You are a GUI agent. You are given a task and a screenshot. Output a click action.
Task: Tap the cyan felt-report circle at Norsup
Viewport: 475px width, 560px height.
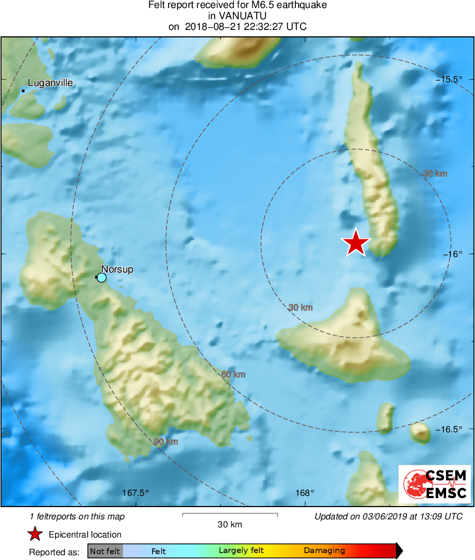click(x=102, y=277)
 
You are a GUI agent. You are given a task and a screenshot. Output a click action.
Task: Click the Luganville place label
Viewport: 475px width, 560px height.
click(x=50, y=83)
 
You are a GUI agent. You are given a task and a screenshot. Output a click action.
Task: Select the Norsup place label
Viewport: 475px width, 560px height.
click(x=117, y=269)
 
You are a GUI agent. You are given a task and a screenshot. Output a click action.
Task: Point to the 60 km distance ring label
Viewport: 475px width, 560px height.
click(x=233, y=375)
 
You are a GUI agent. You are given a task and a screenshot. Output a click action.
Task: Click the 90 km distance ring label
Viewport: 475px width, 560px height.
click(x=166, y=441)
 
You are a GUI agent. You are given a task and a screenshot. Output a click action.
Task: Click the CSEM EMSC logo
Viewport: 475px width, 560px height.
click(x=435, y=484)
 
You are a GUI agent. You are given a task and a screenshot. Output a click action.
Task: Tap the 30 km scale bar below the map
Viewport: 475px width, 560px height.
click(x=230, y=515)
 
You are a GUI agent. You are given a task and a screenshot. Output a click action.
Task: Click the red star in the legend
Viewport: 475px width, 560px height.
click(x=35, y=534)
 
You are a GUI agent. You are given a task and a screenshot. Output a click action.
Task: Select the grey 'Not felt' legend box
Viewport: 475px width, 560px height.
click(x=105, y=551)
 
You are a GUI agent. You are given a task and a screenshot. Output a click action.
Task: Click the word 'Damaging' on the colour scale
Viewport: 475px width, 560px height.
click(x=324, y=550)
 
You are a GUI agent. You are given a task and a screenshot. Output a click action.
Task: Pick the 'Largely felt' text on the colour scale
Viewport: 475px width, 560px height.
click(x=241, y=550)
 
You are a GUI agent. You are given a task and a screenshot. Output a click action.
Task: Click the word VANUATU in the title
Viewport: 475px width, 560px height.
click(x=237, y=15)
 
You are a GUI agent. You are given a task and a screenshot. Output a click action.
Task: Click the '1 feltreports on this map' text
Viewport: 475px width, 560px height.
click(x=78, y=516)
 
